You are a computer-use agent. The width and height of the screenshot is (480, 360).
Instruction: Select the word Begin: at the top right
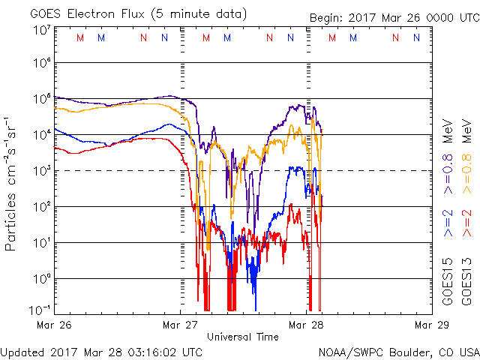327,19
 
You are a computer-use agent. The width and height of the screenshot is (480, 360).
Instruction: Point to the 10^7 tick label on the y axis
41,29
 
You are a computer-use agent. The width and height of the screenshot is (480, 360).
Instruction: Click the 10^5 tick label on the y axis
41,98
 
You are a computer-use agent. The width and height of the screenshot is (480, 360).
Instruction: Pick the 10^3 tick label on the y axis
41,170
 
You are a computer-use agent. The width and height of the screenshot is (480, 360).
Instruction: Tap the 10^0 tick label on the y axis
41,278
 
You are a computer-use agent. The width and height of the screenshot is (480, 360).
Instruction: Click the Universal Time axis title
243,337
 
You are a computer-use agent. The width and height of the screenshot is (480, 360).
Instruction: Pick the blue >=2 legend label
448,223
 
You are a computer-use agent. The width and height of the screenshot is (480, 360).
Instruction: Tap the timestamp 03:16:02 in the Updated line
148,351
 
